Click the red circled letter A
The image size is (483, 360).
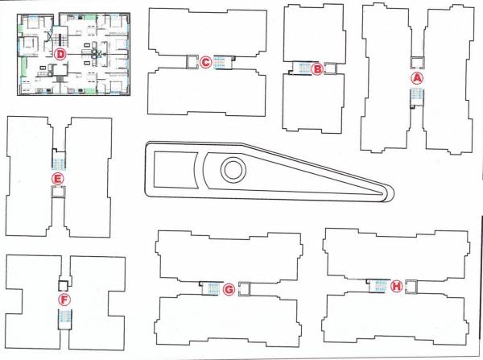(416, 78)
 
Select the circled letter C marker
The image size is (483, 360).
(205, 61)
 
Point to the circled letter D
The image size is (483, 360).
(60, 54)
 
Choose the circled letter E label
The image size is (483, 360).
(56, 178)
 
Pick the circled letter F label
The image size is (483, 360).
(64, 300)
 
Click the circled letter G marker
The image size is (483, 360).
(229, 288)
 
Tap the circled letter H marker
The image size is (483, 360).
(396, 286)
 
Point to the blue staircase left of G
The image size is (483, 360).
(210, 288)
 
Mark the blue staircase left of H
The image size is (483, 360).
(378, 286)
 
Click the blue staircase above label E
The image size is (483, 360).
(57, 159)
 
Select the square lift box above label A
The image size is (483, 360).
(416, 62)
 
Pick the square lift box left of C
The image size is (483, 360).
(192, 61)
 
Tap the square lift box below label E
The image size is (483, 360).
(57, 192)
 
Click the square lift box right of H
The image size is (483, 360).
(412, 286)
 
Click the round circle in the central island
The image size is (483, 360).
(233, 170)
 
